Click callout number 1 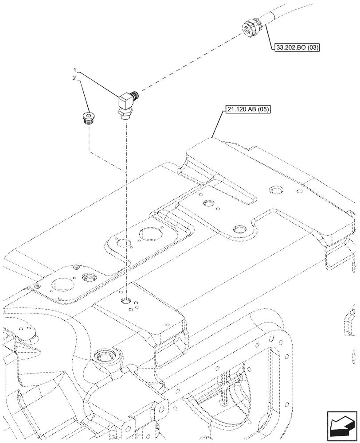click(x=75, y=70)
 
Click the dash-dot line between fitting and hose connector click(x=191, y=62)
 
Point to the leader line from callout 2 click(x=83, y=95)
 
